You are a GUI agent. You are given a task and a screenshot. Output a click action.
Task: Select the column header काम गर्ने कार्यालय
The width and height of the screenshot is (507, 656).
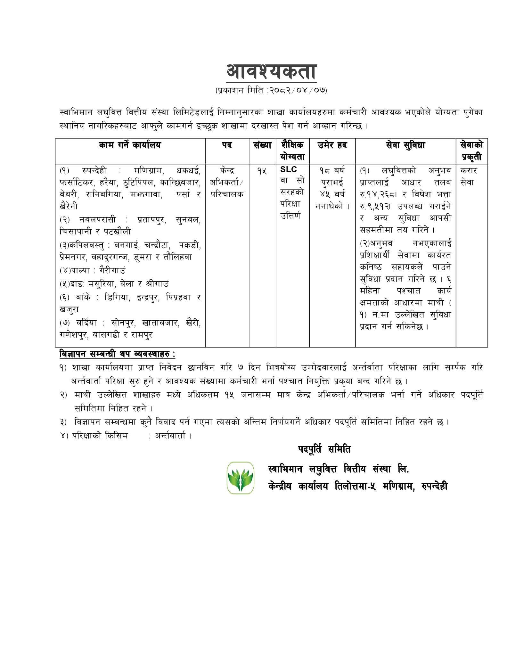(x=130, y=145)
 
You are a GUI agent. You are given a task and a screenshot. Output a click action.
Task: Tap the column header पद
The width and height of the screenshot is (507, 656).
(x=227, y=145)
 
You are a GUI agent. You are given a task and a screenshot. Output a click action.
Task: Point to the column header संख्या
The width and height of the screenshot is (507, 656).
(x=262, y=145)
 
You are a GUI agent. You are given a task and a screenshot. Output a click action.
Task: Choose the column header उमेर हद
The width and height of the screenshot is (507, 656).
(x=332, y=145)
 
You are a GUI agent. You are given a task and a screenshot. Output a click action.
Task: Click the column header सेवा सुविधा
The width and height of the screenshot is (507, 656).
(x=405, y=145)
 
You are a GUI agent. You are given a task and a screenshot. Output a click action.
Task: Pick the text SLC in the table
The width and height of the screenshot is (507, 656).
(x=289, y=170)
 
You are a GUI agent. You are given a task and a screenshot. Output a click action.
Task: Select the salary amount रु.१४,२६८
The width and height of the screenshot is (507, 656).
(x=378, y=194)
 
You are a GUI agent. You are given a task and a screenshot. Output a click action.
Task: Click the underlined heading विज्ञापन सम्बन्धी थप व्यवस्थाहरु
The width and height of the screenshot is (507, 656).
(x=117, y=355)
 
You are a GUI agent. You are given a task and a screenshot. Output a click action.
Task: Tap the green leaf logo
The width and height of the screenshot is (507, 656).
(x=240, y=478)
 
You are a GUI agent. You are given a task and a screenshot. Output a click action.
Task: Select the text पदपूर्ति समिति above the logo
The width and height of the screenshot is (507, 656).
(x=324, y=450)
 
